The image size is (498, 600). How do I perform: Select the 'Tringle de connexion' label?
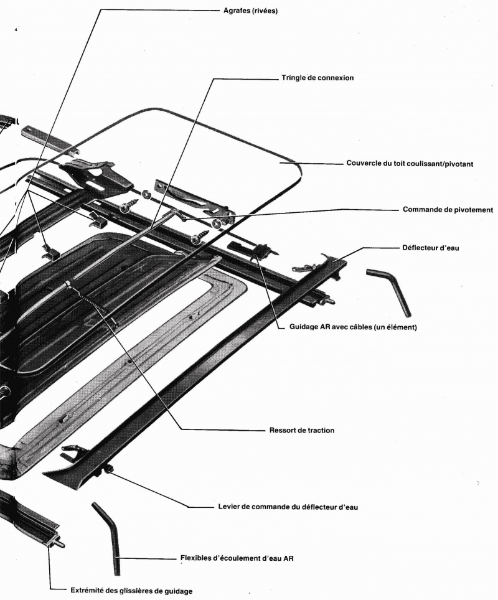coord(317,78)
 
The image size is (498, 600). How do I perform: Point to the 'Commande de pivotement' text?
coord(448,210)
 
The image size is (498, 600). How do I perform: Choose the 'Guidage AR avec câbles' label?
coord(353,327)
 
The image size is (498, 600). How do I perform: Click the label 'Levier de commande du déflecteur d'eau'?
coord(288,507)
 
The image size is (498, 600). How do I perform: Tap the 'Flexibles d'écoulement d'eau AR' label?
coord(237,558)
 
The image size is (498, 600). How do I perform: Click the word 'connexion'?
coord(334,78)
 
